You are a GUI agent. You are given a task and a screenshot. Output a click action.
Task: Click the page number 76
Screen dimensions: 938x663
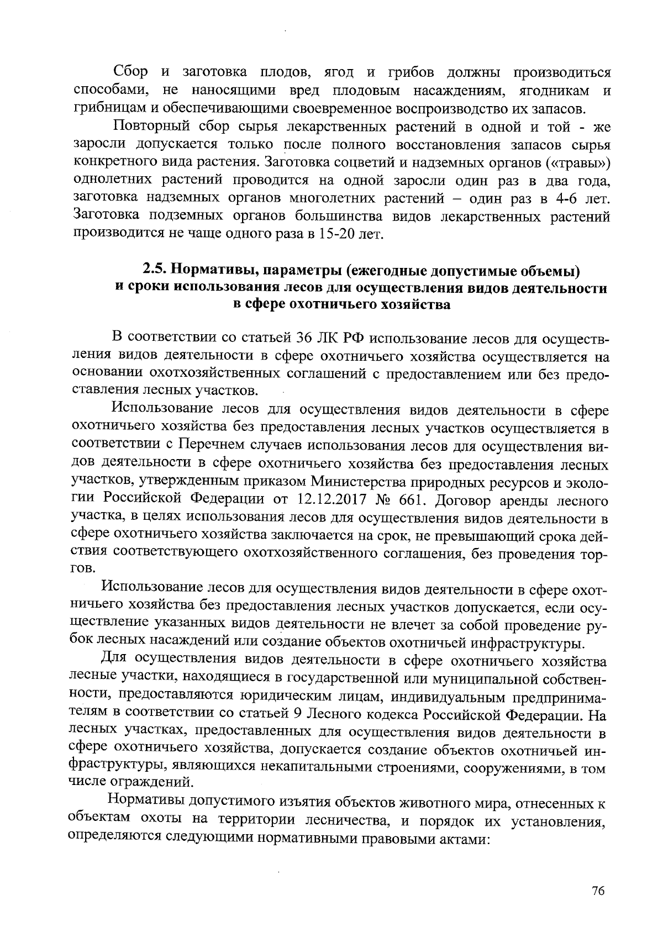click(x=598, y=891)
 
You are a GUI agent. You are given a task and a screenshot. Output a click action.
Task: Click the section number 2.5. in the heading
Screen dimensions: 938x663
click(x=155, y=271)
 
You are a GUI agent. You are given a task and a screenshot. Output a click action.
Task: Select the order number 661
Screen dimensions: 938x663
click(x=410, y=500)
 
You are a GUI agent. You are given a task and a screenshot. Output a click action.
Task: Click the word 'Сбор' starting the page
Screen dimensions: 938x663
click(x=131, y=72)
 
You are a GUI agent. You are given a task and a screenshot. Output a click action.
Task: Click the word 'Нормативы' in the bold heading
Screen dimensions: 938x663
click(x=211, y=271)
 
